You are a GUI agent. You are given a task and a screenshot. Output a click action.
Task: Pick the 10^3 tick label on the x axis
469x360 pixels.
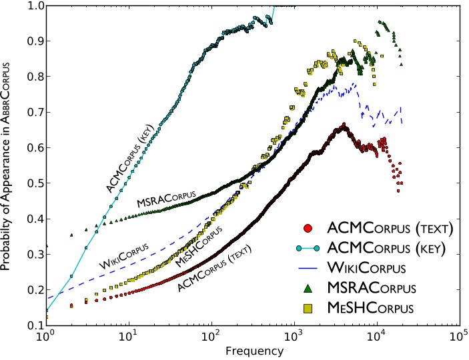[294, 335]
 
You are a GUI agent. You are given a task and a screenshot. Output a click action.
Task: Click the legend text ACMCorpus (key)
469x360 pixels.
[390, 249]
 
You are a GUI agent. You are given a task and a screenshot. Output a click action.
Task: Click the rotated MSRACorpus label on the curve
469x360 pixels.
[166, 198]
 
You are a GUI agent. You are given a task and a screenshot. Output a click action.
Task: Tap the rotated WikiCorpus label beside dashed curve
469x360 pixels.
[123, 255]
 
